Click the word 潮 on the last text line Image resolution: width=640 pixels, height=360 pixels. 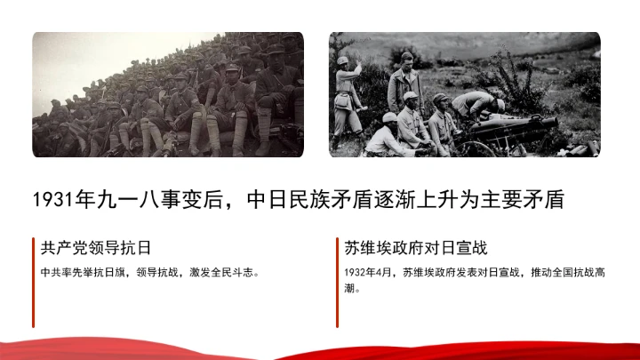[x=348, y=288]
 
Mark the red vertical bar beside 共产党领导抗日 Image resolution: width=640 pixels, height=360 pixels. [x=34, y=281]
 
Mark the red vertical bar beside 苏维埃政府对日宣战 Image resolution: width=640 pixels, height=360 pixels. [x=337, y=281]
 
